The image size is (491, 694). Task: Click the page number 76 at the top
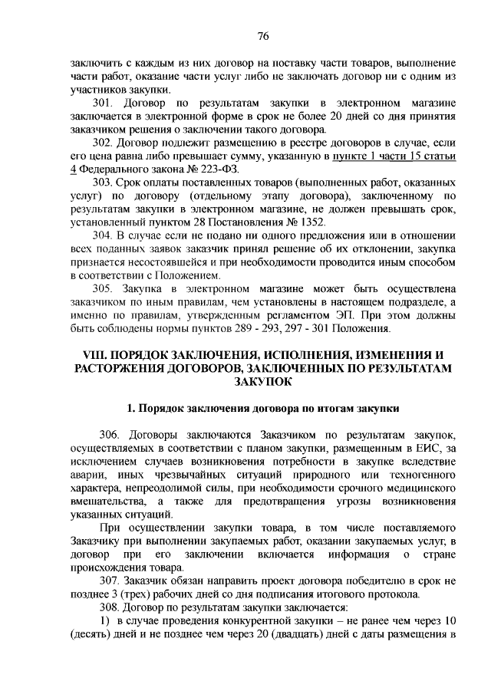(x=263, y=36)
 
